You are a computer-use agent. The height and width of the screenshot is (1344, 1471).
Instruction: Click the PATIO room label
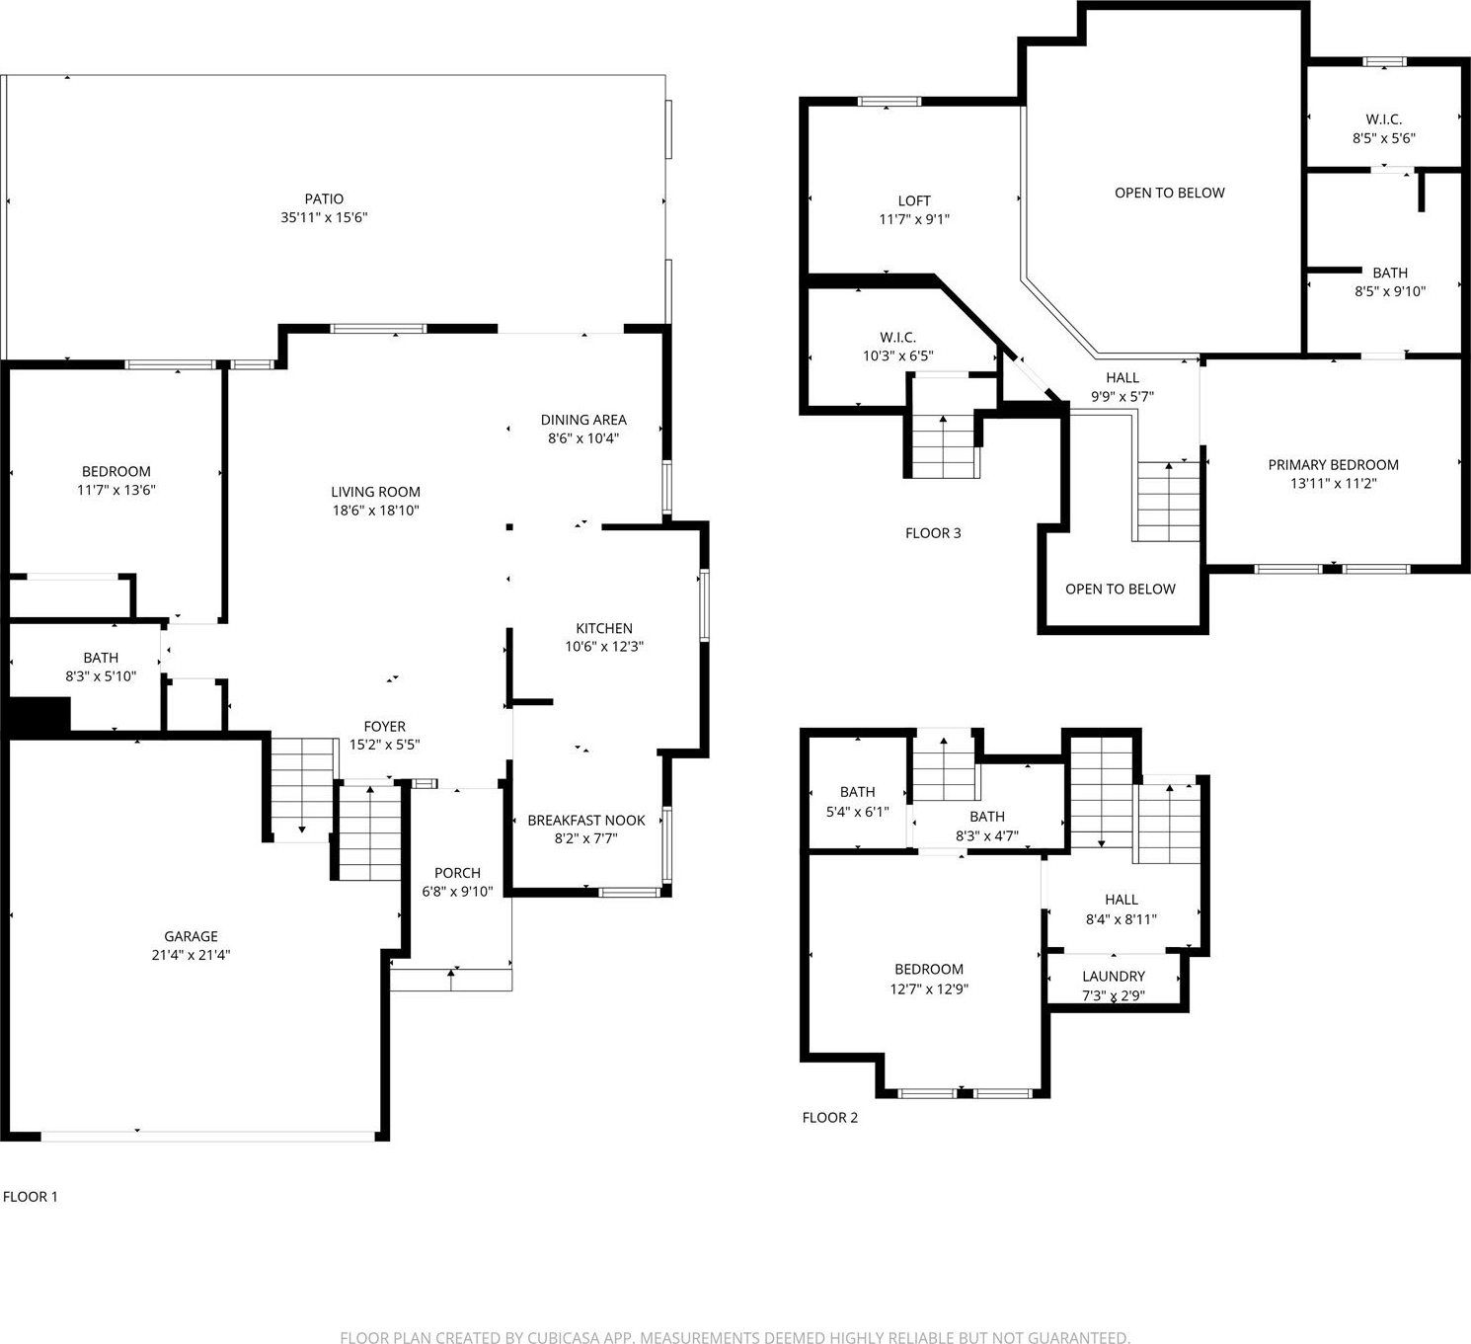point(324,198)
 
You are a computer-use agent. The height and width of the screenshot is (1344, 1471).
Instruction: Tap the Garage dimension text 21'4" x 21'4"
point(191,955)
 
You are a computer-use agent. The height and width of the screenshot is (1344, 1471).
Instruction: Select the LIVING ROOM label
point(375,492)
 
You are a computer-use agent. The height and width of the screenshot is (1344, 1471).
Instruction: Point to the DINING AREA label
point(583,421)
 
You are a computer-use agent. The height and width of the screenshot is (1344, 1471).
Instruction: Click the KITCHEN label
point(604,629)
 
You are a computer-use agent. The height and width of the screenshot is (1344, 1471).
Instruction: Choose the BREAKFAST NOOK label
point(586,821)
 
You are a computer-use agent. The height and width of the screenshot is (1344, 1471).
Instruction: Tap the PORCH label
point(457,873)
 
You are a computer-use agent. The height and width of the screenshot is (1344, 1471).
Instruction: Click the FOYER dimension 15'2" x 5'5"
point(384,745)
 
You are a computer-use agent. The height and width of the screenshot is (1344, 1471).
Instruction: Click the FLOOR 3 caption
point(933,533)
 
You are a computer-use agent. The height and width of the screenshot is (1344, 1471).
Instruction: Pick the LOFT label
point(914,201)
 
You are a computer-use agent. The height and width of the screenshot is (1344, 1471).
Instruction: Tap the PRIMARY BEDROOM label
point(1333,465)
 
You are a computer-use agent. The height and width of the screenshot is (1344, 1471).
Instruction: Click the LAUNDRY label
point(1114,977)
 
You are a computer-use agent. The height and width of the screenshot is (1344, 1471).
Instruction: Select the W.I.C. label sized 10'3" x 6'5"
point(898,338)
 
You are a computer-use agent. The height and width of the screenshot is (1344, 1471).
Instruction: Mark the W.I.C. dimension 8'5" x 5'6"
point(1384,138)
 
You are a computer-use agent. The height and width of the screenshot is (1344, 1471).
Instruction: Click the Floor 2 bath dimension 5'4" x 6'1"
point(857,812)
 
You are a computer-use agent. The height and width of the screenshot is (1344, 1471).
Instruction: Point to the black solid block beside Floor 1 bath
point(39,715)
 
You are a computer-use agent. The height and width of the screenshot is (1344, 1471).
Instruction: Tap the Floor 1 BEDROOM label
point(116,472)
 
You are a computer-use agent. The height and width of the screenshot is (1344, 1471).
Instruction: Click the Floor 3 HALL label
point(1123,378)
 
